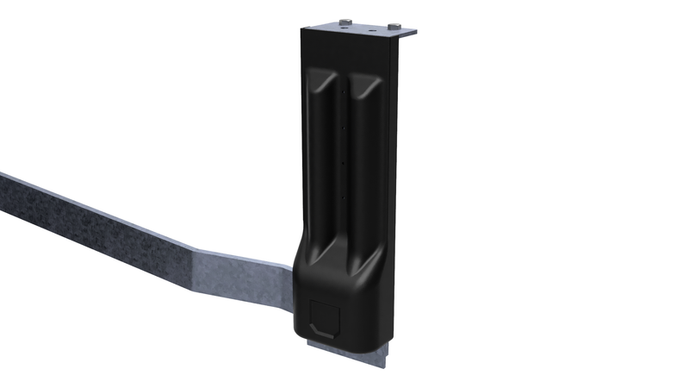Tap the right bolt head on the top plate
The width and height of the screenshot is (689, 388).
coord(394,25)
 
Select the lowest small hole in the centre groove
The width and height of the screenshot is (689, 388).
coord(344,197)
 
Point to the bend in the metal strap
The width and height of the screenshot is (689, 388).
coord(191,254)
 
